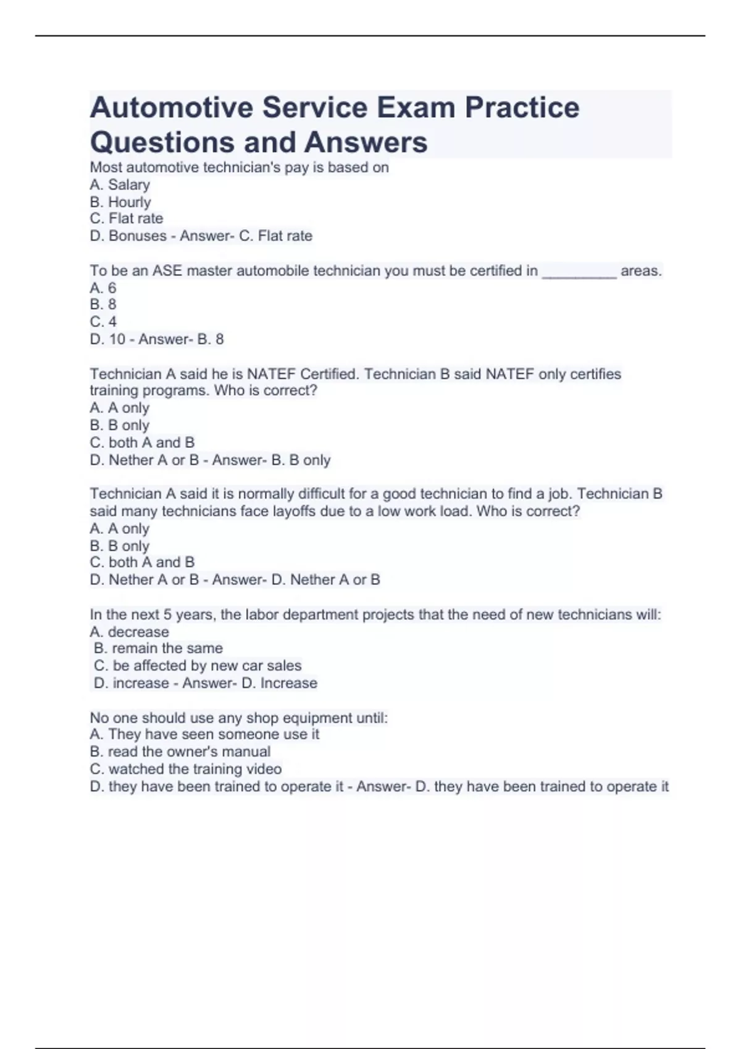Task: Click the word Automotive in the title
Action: click(171, 107)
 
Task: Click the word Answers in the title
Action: click(366, 142)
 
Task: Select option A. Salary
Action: click(120, 185)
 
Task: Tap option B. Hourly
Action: click(120, 202)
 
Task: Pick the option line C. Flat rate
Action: click(127, 218)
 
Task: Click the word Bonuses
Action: click(138, 236)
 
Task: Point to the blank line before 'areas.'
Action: click(579, 273)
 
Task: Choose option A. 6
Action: click(103, 288)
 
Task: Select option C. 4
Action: click(103, 321)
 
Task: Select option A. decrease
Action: click(129, 632)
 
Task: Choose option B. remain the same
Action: click(158, 649)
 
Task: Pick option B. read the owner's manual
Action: click(180, 752)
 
